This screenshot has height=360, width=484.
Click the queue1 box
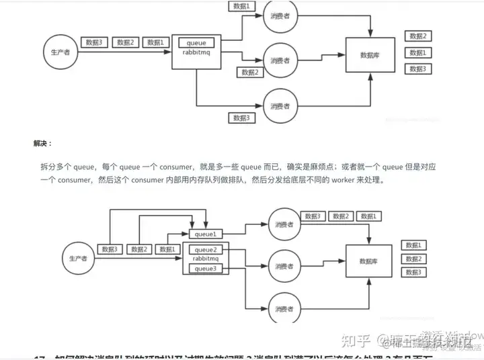(x=206, y=234)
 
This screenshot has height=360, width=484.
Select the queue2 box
(x=206, y=249)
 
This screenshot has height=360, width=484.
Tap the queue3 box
(x=206, y=269)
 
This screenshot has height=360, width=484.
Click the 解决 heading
(x=42, y=143)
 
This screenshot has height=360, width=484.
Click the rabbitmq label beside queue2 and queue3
(x=206, y=259)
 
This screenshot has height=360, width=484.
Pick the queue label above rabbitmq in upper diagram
(x=197, y=43)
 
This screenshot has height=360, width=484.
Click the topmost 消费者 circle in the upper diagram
(x=280, y=16)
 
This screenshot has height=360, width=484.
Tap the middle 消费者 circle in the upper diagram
(x=280, y=60)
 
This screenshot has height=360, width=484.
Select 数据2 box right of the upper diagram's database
(x=417, y=36)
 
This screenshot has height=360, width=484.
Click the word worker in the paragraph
(x=333, y=181)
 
